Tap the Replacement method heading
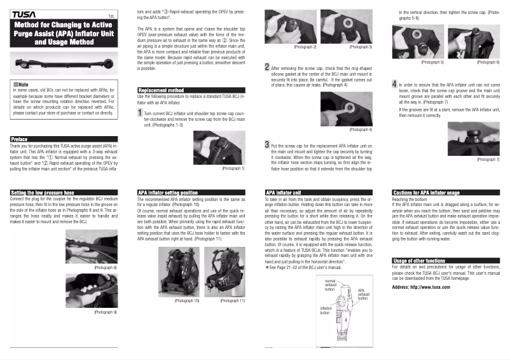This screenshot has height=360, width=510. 162,90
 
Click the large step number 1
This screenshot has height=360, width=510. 140,113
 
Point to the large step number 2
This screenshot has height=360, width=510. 267,67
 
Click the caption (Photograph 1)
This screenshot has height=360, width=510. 233,169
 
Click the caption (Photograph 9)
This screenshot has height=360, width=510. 106,312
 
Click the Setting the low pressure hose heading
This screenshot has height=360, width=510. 43,191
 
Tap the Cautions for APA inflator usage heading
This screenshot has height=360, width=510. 427,191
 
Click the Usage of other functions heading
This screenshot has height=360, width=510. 419,261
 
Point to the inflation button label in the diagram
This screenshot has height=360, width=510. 325,310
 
